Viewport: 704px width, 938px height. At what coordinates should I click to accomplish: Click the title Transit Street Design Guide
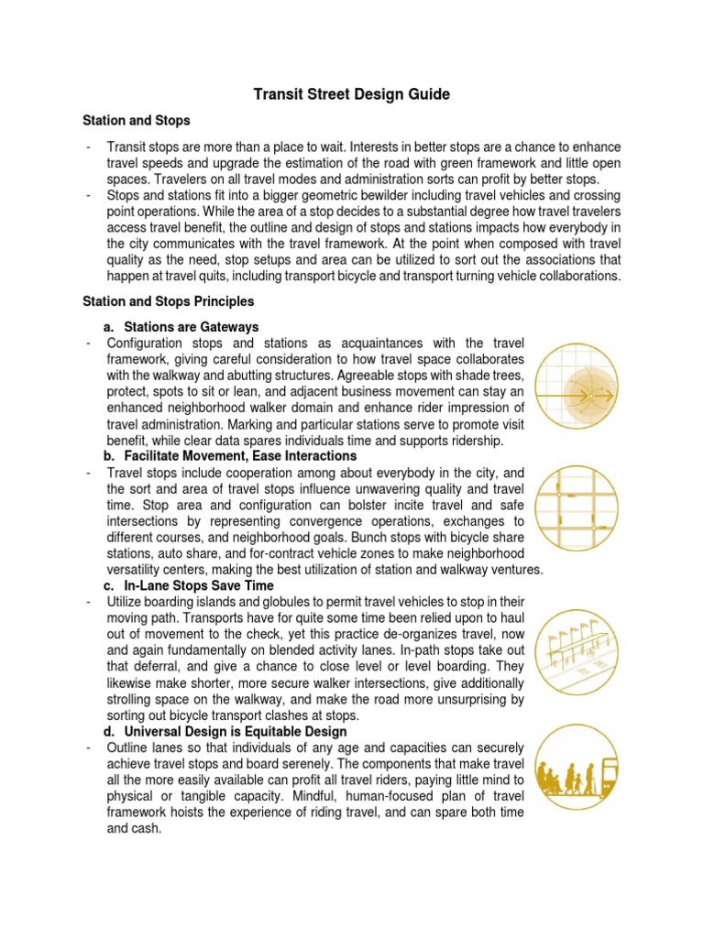[x=352, y=94]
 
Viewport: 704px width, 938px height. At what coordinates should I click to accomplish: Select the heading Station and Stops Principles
[x=169, y=300]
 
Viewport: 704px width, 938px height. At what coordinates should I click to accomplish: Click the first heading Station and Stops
[x=137, y=120]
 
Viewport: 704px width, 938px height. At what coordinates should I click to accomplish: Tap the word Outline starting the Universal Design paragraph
[x=129, y=747]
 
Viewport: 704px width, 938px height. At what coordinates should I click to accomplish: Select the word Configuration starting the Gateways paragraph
[x=148, y=343]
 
